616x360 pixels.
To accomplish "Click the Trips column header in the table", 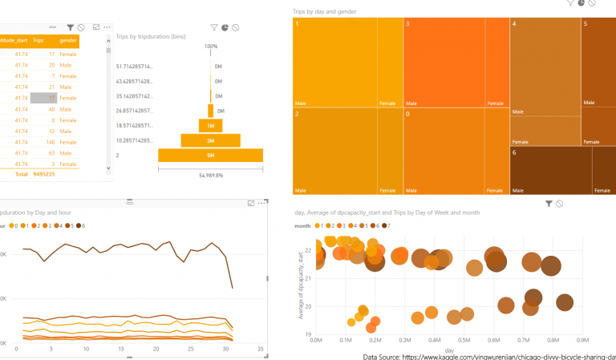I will pos(38,40).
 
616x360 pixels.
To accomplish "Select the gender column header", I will pos(68,40).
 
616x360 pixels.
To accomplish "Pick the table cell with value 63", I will pos(51,152).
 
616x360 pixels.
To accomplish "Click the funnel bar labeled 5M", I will pos(211,155).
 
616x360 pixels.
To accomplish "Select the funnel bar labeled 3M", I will pos(211,140).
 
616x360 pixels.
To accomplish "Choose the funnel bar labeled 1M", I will pos(211,126).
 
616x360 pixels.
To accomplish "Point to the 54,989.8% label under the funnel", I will pos(211,175).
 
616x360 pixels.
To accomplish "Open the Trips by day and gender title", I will pos(324,11).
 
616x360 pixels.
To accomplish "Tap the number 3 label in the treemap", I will pos(408,25).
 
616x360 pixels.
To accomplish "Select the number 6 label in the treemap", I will pos(515,152).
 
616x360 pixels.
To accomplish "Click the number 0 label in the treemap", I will pos(408,115).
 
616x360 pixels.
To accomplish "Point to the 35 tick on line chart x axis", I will pos(260,350).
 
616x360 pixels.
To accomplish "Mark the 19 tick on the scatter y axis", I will pos(309,334).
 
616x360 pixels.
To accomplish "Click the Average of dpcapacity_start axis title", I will pos(300,285).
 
